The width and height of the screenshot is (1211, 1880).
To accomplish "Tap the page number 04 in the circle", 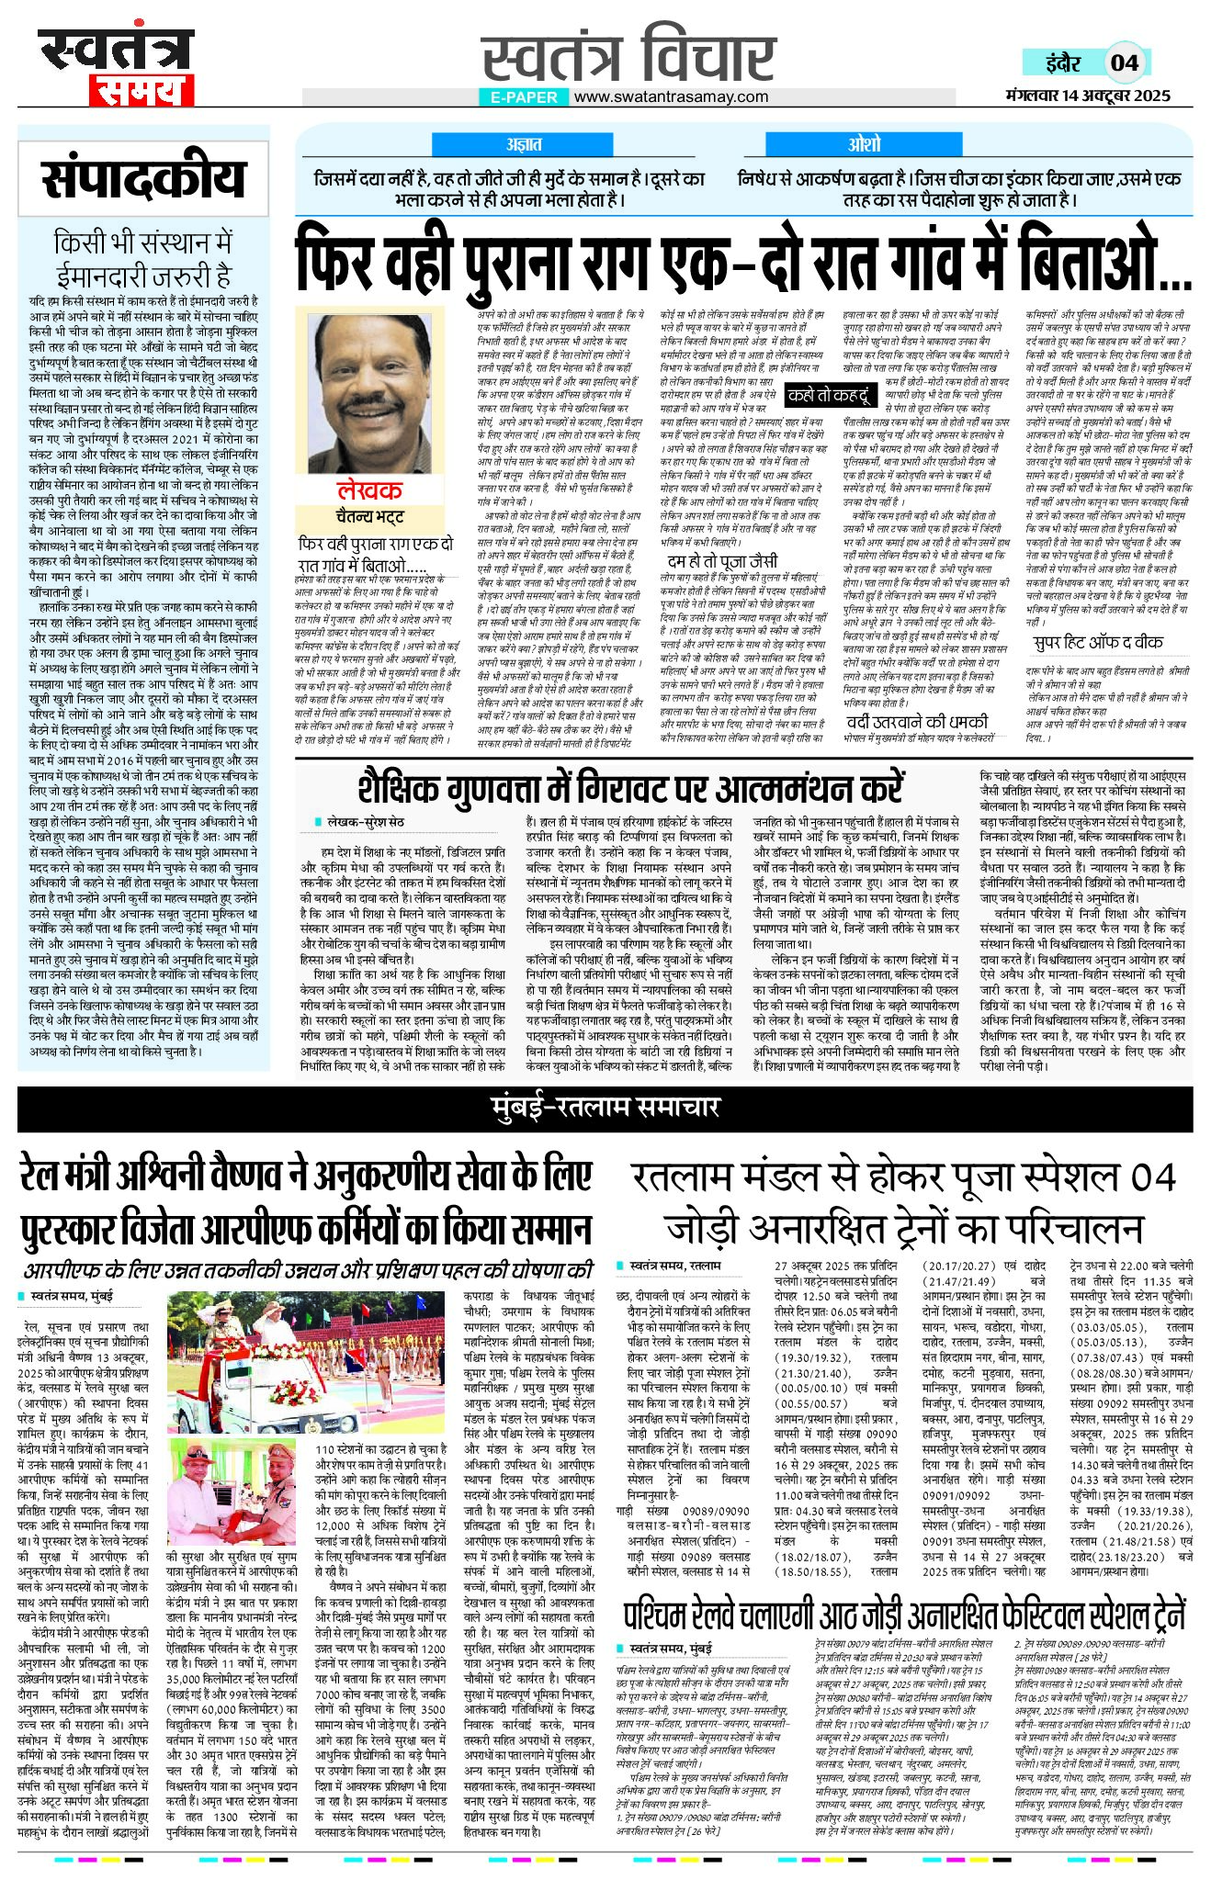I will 1124,63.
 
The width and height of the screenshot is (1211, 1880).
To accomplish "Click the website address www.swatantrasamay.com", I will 671,96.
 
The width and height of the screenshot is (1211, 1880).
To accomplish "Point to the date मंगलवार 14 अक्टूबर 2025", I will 1088,96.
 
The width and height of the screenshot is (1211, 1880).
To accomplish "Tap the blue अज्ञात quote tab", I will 524,144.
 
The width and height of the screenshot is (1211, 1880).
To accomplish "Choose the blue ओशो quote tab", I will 864,144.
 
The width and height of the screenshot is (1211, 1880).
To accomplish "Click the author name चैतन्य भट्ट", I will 369,515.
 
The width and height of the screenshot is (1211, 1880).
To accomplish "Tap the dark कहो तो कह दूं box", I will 828,396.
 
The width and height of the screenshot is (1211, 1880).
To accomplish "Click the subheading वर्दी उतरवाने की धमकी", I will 917,721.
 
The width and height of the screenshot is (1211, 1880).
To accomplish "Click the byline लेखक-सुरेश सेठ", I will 364,821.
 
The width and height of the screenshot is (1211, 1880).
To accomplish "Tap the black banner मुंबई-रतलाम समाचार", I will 605,1108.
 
